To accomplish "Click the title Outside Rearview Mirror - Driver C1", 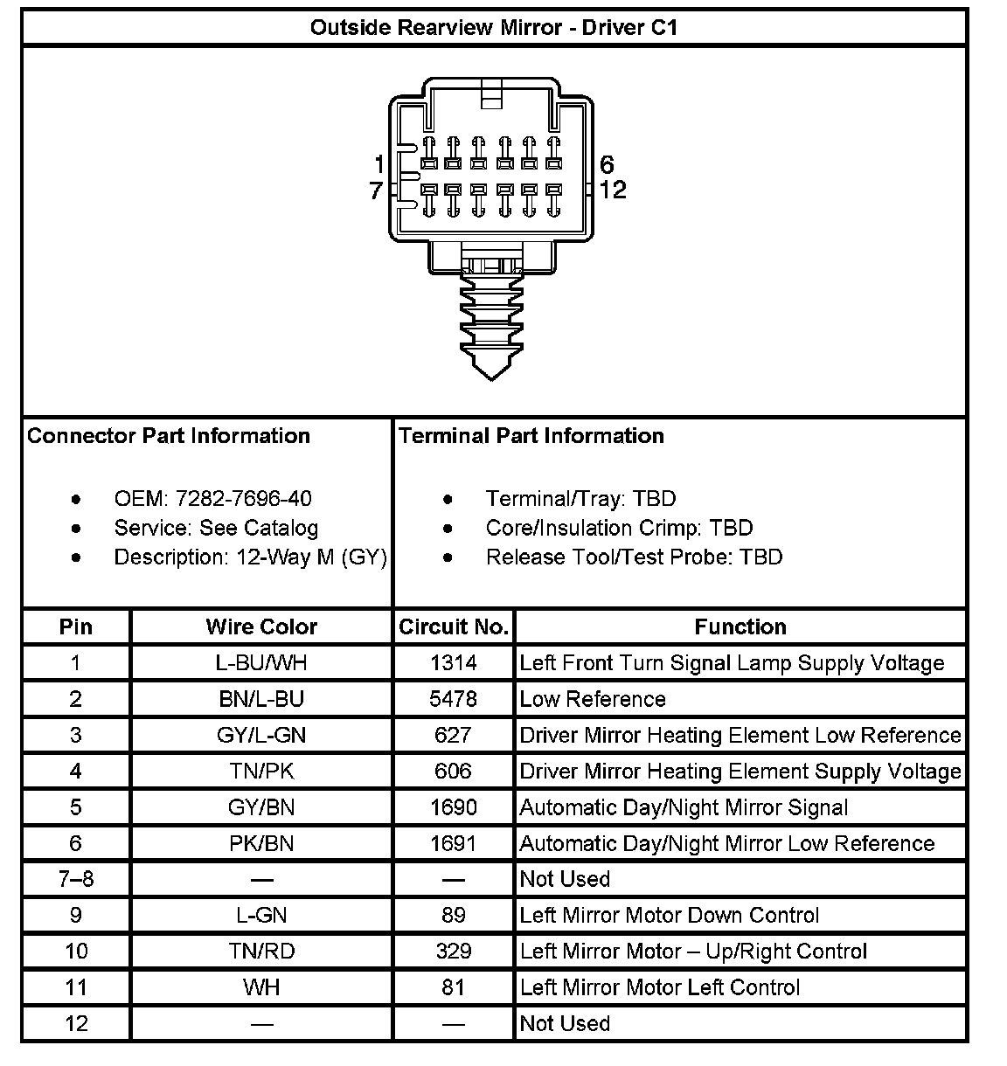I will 494,27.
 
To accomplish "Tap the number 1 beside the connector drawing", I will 378,164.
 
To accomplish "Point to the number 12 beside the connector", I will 613,190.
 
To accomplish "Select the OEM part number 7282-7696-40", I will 243,499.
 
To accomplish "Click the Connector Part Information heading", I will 169,436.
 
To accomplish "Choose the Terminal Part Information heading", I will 531,436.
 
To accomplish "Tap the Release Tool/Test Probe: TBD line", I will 634,557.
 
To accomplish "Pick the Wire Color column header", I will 261,626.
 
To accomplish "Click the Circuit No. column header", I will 454,626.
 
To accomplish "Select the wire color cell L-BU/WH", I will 261,663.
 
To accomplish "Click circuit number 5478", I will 454,699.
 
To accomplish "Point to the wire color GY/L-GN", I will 261,735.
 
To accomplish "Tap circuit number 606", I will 454,771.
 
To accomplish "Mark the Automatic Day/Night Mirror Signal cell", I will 684,807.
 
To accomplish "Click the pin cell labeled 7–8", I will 76,879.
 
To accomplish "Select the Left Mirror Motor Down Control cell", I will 670,915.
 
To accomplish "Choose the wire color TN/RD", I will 261,951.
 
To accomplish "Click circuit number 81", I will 454,987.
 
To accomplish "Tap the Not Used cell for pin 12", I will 565,1023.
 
